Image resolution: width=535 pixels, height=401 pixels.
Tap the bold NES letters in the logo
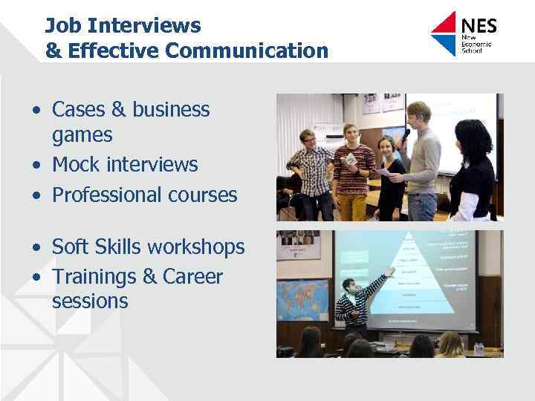tap(479, 26)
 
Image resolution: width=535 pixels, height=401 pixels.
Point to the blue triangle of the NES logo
tap(444, 45)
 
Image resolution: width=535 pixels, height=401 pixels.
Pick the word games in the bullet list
tap(82, 135)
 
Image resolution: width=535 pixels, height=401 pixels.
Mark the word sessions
tap(90, 301)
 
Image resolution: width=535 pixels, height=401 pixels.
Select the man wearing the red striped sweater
tap(352, 167)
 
